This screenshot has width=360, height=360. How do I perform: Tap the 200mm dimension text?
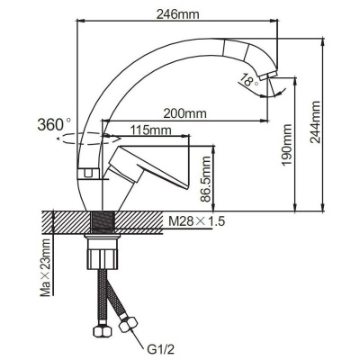(185, 113)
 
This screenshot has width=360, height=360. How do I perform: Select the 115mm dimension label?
(150, 130)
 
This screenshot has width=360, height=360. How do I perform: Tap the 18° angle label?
(248, 81)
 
